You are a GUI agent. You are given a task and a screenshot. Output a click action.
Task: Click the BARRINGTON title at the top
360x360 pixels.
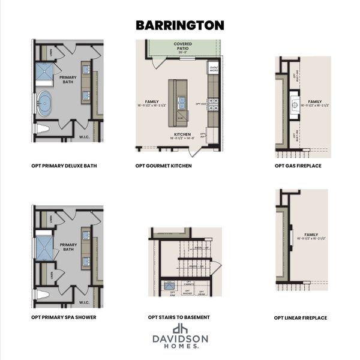point(180,25)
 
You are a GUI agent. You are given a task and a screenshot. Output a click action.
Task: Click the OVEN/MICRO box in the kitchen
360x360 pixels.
point(214,69)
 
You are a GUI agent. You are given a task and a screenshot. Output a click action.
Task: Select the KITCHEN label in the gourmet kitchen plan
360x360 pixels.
point(183,134)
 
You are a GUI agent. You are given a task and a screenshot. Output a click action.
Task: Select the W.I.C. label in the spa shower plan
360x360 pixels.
point(85,302)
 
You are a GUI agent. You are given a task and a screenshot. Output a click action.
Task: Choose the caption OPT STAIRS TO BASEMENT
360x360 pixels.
point(179,317)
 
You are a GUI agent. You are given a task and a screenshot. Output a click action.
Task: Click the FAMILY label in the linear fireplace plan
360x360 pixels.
point(311,235)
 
